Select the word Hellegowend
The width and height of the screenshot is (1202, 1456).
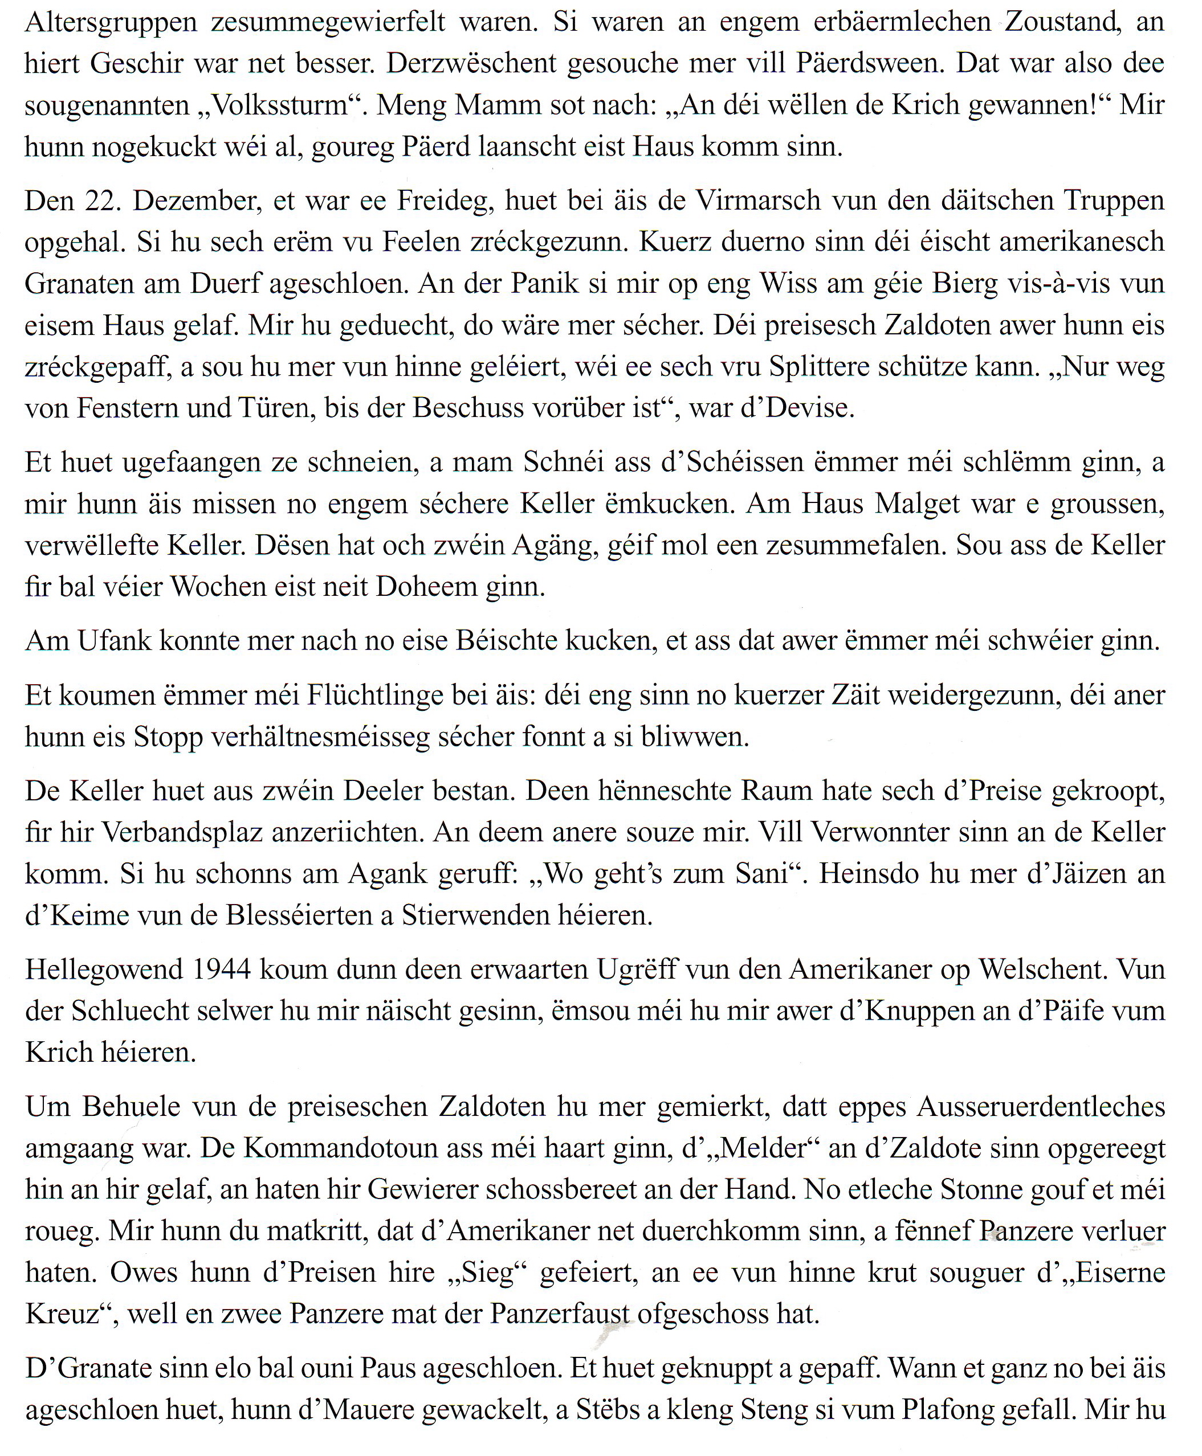point(104,970)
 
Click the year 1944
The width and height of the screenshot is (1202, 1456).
point(222,970)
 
